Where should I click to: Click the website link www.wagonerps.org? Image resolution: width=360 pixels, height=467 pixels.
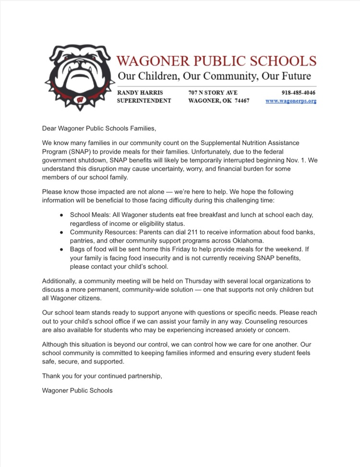[291, 101]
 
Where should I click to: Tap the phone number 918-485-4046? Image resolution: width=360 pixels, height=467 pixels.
[299, 92]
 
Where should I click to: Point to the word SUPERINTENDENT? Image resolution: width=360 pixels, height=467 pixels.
[144, 101]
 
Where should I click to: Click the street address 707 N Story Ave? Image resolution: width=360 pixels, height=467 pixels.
[213, 92]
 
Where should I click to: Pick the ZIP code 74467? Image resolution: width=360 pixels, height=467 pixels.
[239, 101]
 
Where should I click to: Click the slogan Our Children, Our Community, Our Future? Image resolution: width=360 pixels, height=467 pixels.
[214, 76]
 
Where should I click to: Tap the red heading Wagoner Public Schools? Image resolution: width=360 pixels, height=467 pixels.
[217, 61]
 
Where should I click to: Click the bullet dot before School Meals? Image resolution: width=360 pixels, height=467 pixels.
[62, 214]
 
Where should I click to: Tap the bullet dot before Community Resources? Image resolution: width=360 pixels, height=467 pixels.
[62, 232]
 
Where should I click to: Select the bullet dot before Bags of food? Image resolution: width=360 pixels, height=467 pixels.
[62, 250]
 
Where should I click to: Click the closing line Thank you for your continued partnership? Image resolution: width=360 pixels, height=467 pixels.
[102, 376]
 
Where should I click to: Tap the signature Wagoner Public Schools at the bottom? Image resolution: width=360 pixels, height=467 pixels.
[77, 391]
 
